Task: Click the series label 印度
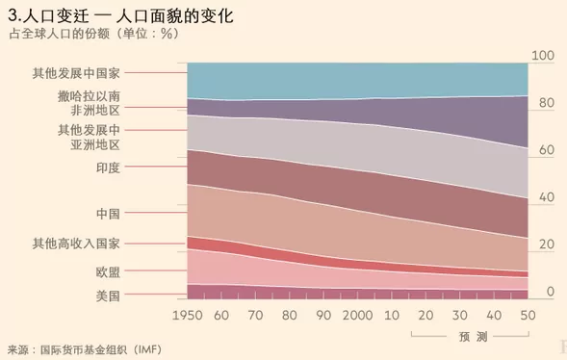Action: (x=108, y=167)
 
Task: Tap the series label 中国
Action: (x=108, y=214)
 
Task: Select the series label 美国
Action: (x=108, y=296)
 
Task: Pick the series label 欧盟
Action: (x=108, y=271)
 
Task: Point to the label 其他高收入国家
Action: (x=76, y=244)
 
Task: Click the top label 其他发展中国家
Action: (x=76, y=73)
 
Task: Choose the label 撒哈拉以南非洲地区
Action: (x=89, y=103)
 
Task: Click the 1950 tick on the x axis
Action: (x=188, y=316)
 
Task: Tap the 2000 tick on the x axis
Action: (x=358, y=316)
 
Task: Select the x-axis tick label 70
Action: (x=255, y=316)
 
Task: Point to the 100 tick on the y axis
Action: (x=543, y=56)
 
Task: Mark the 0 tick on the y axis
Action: (x=551, y=292)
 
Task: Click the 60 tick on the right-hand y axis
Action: (x=547, y=150)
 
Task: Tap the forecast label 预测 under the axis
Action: (x=474, y=337)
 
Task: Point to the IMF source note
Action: (x=85, y=349)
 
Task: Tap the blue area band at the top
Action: (x=358, y=80)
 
